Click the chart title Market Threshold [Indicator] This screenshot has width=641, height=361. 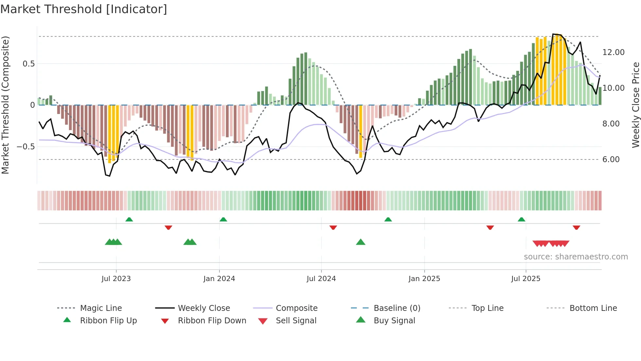[84, 9]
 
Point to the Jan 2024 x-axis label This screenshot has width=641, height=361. [219, 279]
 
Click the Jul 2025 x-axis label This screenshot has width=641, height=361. [526, 279]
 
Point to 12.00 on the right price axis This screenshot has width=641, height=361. [613, 52]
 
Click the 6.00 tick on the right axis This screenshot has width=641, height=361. [611, 160]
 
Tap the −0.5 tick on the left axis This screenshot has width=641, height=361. [26, 146]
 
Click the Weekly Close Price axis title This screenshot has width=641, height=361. [635, 105]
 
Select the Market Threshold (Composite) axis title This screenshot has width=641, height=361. [5, 105]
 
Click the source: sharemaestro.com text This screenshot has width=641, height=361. [576, 257]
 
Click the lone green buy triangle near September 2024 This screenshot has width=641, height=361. [360, 242]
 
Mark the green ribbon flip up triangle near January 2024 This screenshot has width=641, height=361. [223, 219]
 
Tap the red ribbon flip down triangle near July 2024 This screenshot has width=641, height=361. [333, 227]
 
